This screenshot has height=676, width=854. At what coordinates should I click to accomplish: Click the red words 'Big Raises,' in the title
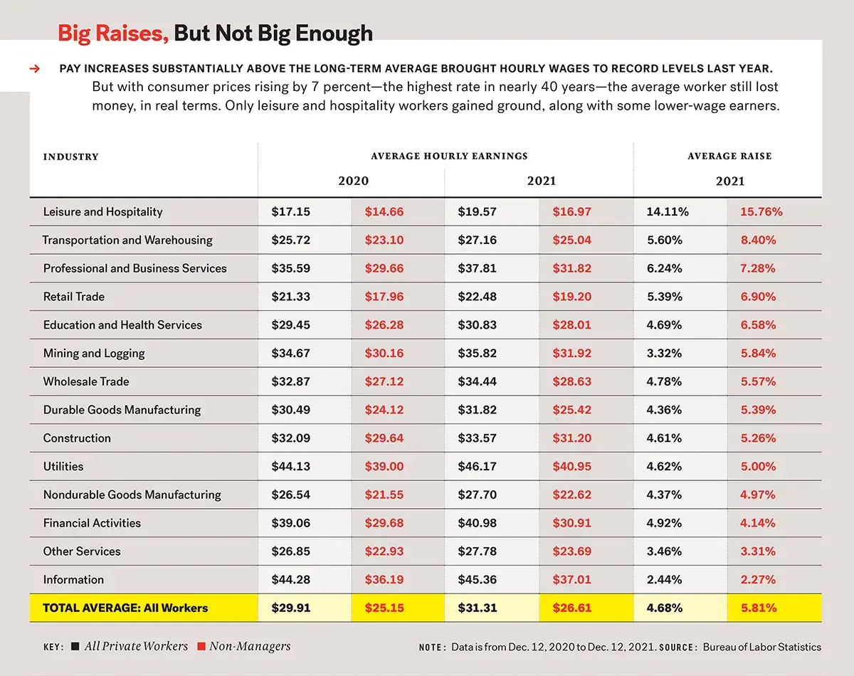tap(112, 33)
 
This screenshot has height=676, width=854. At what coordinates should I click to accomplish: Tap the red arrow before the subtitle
tap(33, 69)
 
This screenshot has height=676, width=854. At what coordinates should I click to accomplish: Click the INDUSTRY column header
tap(70, 157)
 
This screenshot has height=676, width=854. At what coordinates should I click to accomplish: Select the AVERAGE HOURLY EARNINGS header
tap(449, 156)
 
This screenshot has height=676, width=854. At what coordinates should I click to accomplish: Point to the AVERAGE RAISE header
tap(729, 156)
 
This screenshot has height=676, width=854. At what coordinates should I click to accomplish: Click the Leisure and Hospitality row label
tap(102, 212)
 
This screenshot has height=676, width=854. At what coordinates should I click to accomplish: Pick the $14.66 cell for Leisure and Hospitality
tap(384, 212)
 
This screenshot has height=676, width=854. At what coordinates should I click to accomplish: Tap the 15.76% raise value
tap(761, 212)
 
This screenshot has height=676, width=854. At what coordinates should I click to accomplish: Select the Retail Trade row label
tap(73, 297)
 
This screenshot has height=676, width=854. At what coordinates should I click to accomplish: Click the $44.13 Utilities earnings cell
tap(290, 467)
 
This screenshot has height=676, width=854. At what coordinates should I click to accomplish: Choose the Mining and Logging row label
tap(93, 354)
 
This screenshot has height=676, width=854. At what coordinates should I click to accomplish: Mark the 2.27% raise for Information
tap(758, 580)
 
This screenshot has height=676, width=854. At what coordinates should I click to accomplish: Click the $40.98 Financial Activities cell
tap(478, 523)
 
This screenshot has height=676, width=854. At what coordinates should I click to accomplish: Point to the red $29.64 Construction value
tap(384, 438)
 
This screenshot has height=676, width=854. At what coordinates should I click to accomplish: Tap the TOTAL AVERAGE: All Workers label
tap(125, 608)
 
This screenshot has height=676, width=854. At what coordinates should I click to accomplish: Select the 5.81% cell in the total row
tap(758, 608)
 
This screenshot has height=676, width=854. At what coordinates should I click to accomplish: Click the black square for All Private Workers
tap(75, 647)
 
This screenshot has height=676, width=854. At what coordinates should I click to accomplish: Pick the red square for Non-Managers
tap(201, 647)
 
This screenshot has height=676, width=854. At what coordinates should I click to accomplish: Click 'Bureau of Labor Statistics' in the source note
tap(761, 648)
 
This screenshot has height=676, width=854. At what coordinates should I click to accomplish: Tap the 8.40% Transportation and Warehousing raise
tap(758, 241)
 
